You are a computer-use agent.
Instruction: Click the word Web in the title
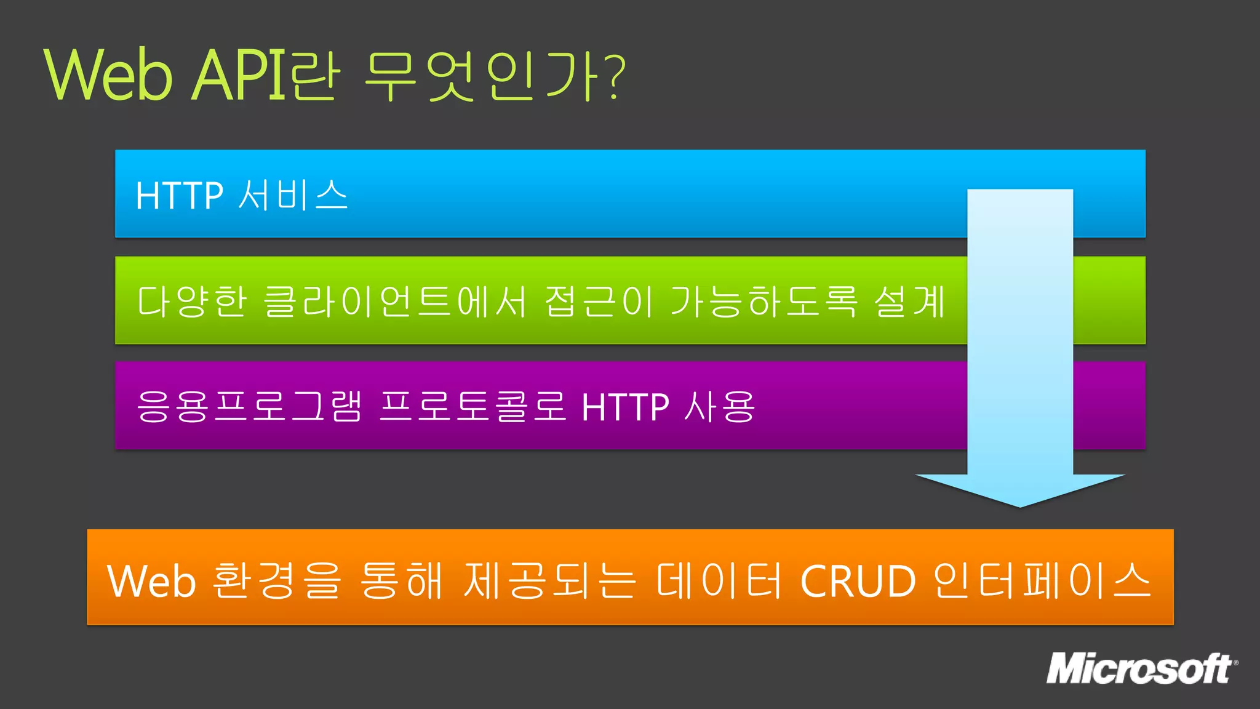(108, 75)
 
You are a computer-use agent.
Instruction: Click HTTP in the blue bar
(179, 196)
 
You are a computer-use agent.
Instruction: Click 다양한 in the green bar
(191, 302)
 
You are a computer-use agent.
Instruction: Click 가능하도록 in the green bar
(764, 302)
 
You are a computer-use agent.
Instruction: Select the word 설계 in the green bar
(909, 302)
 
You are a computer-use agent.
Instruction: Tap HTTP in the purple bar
(625, 407)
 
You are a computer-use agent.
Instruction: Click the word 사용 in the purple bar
(720, 407)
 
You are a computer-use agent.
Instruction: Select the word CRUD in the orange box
(858, 581)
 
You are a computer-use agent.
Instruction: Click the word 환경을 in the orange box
(276, 580)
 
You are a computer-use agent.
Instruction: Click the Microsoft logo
(1142, 669)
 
